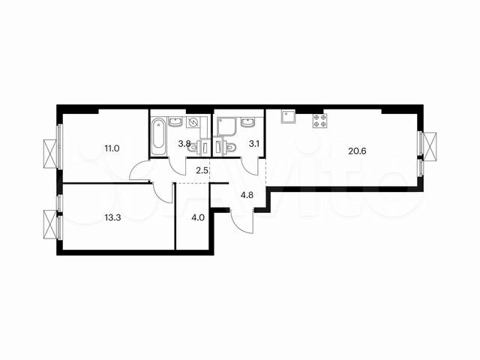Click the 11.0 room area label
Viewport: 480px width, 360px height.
112,148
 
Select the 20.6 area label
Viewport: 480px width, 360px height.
358,150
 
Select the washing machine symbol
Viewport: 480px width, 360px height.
193,124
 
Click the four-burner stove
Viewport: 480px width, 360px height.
319,120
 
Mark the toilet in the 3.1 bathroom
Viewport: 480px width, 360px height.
230,146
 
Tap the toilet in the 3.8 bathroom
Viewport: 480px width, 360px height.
193,147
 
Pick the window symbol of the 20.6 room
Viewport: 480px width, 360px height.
430,145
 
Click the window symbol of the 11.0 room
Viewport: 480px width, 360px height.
50,153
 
